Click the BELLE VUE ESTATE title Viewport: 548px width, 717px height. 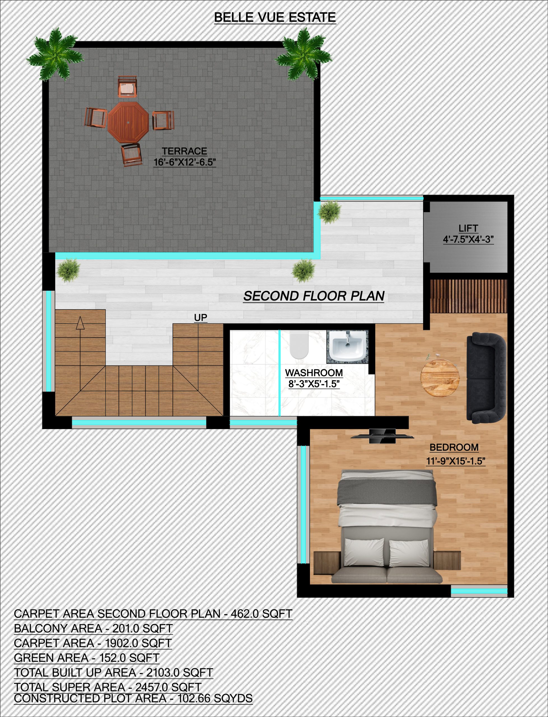[x=275, y=17]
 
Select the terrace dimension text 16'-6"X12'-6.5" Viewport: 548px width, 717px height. [x=185, y=162]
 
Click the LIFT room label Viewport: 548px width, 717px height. [x=468, y=228]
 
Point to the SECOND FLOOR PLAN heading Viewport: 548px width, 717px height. [x=314, y=296]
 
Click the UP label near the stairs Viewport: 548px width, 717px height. [x=200, y=317]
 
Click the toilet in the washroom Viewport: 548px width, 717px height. [x=299, y=346]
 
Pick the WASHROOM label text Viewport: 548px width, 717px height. [x=314, y=373]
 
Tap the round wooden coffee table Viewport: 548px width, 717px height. [x=440, y=379]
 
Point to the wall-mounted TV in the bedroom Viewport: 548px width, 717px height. [x=382, y=436]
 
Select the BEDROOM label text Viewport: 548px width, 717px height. [x=454, y=447]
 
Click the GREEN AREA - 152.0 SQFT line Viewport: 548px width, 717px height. [x=87, y=658]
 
